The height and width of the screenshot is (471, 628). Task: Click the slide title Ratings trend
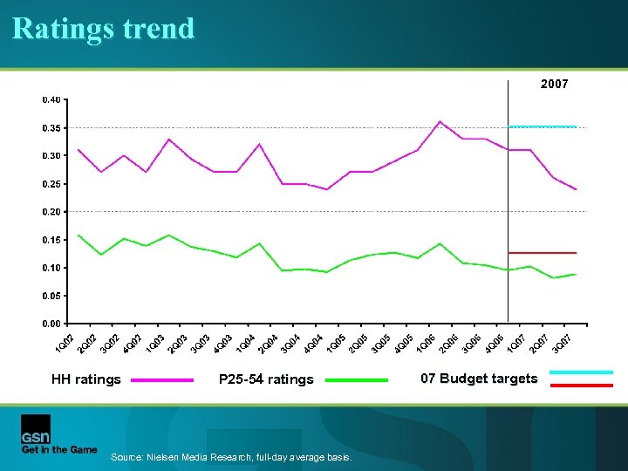click(104, 29)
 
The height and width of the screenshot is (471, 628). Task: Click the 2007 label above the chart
click(554, 85)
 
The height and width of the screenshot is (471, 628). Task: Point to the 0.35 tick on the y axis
click(51, 127)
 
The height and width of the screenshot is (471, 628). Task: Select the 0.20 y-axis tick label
click(51, 212)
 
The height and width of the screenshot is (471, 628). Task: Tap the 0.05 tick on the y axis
click(51, 296)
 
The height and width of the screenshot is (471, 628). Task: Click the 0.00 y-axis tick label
click(51, 324)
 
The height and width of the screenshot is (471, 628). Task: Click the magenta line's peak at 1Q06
click(440, 121)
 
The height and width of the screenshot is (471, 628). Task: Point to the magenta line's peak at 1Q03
click(169, 139)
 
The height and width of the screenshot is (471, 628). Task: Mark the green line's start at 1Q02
click(78, 235)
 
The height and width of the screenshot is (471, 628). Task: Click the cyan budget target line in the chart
click(543, 126)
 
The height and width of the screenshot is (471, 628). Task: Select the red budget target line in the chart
click(543, 253)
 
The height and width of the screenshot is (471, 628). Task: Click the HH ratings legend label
click(85, 379)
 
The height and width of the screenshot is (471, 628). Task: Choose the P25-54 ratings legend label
click(266, 379)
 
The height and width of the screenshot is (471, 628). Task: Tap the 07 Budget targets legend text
click(479, 379)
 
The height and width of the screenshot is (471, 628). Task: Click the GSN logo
click(36, 428)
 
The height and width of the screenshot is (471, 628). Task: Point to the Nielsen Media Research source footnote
click(231, 458)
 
